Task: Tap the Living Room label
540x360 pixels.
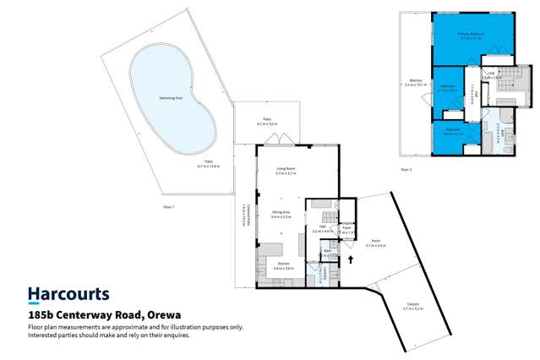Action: click(286, 171)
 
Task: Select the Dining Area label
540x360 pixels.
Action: click(281, 215)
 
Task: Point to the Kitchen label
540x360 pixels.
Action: click(283, 265)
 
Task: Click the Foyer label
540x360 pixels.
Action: click(346, 228)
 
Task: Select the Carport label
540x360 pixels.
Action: click(412, 308)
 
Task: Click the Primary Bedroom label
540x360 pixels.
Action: click(470, 34)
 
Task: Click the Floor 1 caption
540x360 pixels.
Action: click(169, 207)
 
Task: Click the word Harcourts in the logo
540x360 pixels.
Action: click(68, 295)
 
